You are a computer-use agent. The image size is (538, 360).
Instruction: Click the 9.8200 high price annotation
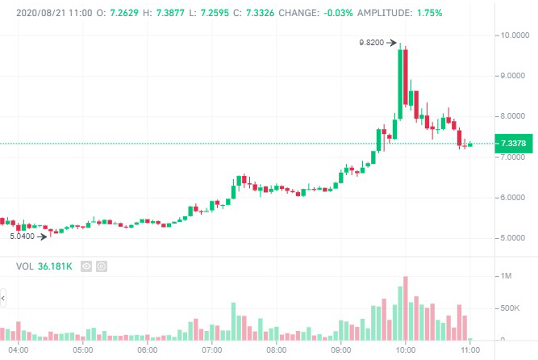point(371,43)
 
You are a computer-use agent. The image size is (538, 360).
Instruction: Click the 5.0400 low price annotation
point(22,237)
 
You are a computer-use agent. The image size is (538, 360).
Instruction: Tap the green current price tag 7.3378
point(514,144)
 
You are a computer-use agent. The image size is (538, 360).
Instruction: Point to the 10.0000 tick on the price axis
point(514,36)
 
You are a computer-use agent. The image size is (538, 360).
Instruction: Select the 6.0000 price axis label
point(514,198)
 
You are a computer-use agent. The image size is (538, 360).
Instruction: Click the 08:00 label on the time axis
point(277,350)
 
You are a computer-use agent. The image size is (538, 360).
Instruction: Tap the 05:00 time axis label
point(83,350)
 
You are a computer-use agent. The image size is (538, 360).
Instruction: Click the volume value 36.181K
point(56,266)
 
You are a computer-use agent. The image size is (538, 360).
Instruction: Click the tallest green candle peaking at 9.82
point(400,77)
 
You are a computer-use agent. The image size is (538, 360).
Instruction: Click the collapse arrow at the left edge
point(2,299)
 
